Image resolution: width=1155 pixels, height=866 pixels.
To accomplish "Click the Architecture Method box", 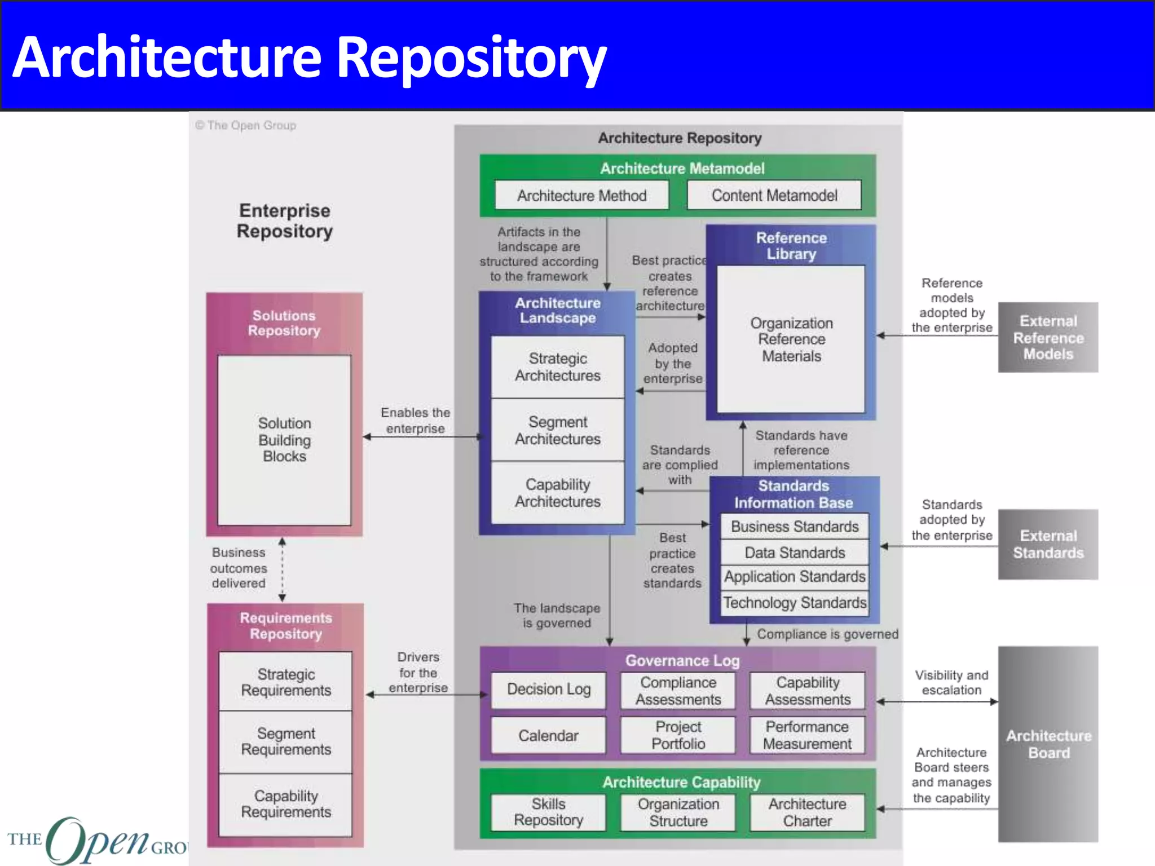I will click(x=581, y=196).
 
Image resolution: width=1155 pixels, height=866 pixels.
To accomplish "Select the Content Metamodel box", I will click(x=774, y=196).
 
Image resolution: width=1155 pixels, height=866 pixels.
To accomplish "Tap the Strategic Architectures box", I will click(x=557, y=367).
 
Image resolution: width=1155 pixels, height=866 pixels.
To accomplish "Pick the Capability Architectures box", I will click(x=557, y=493).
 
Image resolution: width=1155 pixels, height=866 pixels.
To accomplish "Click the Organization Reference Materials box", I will click(x=791, y=339).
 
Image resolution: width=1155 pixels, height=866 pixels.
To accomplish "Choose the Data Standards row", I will click(x=794, y=553).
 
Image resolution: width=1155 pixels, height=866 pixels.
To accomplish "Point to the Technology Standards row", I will click(x=794, y=603).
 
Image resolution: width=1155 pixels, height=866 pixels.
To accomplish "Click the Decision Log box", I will click(x=548, y=689).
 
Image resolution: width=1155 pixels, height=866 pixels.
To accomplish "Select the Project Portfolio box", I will click(x=678, y=735).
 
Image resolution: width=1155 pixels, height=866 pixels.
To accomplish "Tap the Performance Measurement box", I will click(x=807, y=735).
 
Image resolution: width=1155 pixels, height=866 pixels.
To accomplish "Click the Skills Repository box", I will click(x=548, y=812).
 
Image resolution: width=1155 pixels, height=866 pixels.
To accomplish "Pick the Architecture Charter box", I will click(x=807, y=812).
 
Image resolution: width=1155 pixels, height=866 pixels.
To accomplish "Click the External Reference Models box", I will click(x=1048, y=337).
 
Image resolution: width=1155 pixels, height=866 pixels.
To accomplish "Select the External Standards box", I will click(x=1048, y=544).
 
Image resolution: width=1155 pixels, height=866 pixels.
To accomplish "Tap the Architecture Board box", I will click(x=1048, y=744).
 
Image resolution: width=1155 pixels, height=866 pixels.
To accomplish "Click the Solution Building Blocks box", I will click(x=284, y=440).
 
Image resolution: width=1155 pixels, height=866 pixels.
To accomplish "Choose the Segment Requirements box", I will click(x=285, y=741).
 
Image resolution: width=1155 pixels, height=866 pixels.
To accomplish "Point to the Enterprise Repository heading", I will click(x=284, y=220).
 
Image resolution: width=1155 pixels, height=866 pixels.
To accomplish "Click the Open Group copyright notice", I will click(x=246, y=125).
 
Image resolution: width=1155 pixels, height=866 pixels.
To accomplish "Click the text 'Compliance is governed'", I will click(x=827, y=634).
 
